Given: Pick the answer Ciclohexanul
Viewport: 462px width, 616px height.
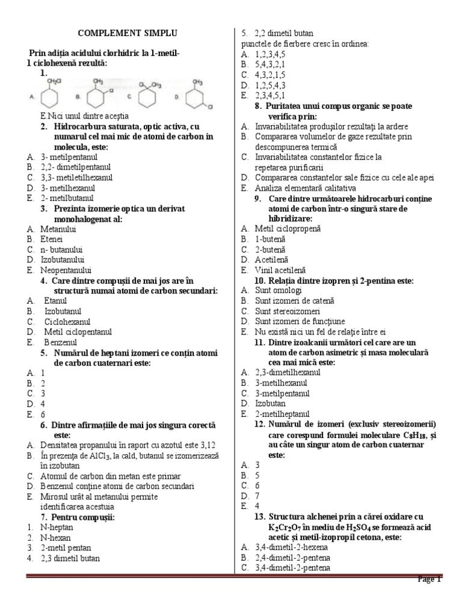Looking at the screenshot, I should click(69, 322).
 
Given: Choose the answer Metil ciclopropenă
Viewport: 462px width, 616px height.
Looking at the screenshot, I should click(288, 229).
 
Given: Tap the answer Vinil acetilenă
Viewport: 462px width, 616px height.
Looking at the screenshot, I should click(280, 270).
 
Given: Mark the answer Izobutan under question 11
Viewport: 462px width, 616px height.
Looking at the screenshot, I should click(270, 403).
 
